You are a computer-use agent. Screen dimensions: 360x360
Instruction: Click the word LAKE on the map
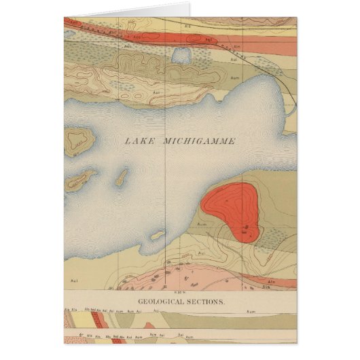click(138, 142)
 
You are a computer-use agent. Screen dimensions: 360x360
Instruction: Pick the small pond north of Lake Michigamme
click(182, 55)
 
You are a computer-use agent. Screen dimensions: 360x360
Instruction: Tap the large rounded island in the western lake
click(79, 139)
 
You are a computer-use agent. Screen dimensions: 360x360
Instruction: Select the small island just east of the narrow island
click(122, 178)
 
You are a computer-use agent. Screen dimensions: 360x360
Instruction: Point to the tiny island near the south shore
click(158, 235)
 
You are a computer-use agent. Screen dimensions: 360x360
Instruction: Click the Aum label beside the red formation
click(201, 223)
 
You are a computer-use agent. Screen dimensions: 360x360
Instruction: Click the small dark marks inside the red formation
click(245, 228)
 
